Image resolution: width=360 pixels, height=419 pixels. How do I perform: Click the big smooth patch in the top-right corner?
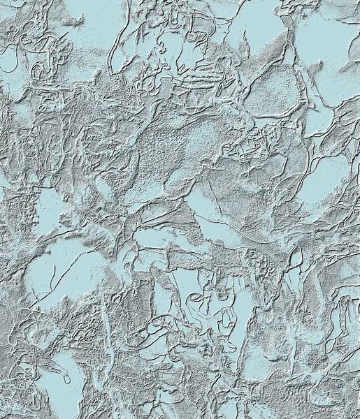coord(329,49)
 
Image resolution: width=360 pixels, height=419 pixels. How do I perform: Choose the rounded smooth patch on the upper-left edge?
coord(13,70)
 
